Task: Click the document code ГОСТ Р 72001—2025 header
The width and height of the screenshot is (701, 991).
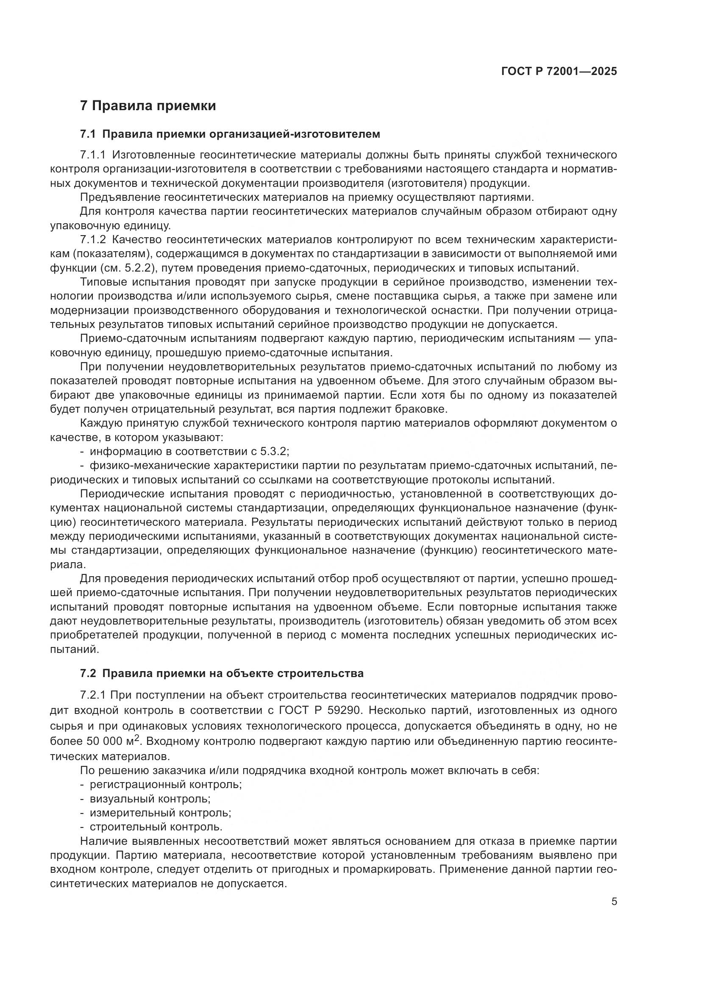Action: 559,71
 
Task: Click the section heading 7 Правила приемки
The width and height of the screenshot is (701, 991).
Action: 148,106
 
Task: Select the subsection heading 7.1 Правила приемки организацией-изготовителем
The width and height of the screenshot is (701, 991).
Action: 230,134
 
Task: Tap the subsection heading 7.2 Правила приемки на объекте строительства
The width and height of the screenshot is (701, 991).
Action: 222,673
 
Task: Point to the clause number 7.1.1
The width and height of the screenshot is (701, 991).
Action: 93,155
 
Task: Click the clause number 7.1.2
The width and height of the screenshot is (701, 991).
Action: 93,239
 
